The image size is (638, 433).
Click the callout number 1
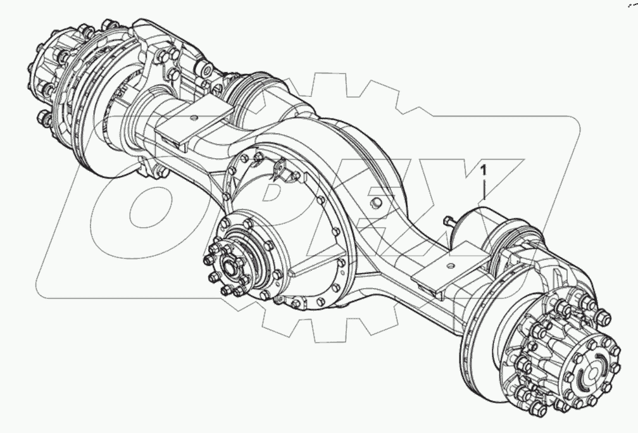click(x=484, y=170)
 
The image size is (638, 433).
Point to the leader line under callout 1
click(x=484, y=190)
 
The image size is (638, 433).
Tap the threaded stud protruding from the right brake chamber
click(x=449, y=221)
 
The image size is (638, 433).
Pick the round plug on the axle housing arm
click(x=376, y=202)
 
